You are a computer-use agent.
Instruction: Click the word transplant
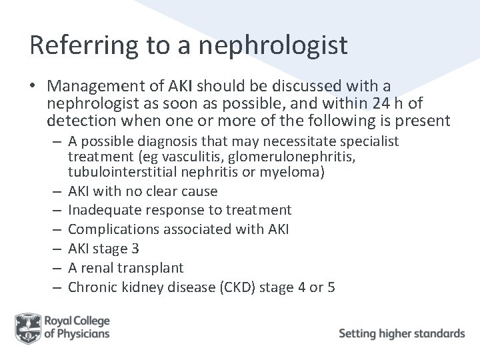155,267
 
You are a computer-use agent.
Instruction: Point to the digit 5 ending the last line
331,287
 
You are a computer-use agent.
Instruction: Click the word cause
199,191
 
